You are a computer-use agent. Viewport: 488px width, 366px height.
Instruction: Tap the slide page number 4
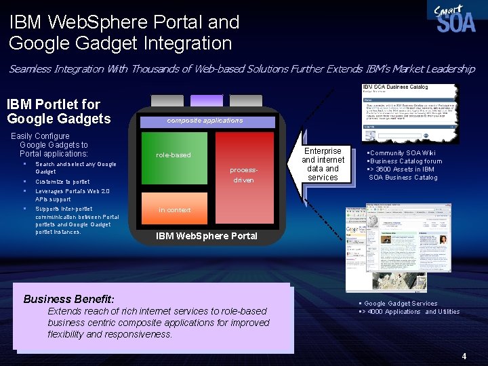[x=464, y=356]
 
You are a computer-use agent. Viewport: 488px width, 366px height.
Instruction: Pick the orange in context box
[x=175, y=210]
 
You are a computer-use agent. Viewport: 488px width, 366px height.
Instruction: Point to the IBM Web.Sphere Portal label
[x=207, y=237]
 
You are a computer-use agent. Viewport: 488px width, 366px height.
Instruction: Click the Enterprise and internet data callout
[x=323, y=164]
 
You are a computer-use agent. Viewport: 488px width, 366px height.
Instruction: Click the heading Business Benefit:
[x=69, y=299]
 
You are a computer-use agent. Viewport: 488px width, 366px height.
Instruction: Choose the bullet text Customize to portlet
[x=62, y=182]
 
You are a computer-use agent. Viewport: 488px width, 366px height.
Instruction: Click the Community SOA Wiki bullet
[x=402, y=153]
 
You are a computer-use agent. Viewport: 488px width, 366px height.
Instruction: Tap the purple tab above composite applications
[x=206, y=100]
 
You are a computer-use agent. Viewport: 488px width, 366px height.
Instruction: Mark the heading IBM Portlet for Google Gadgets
[x=58, y=112]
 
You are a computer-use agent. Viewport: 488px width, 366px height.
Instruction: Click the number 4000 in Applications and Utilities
[x=375, y=312]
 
